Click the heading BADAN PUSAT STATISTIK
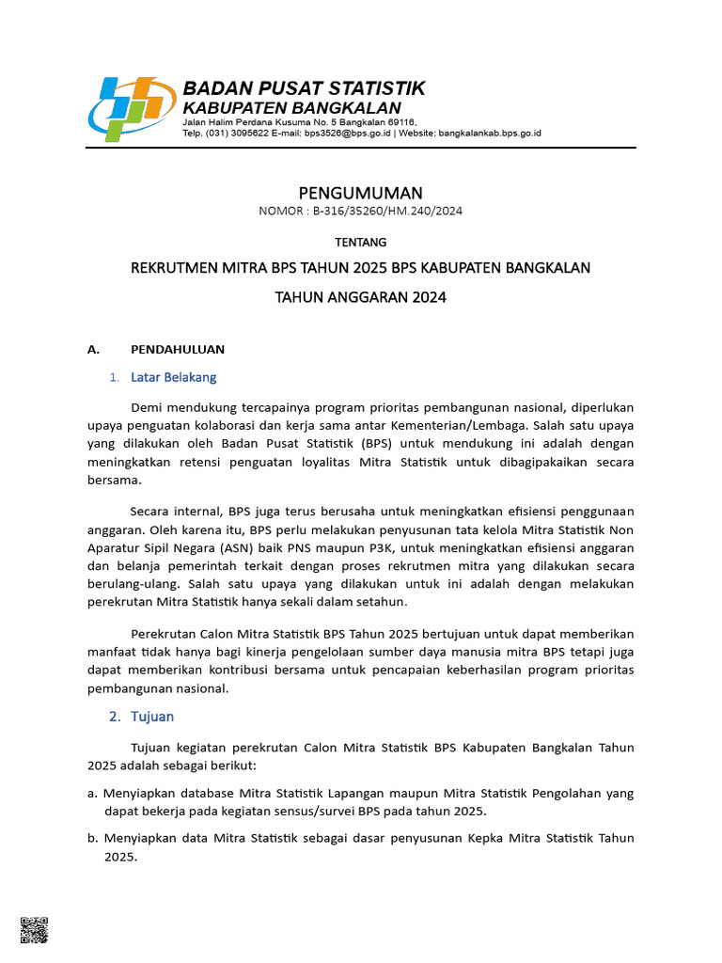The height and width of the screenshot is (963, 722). click(303, 88)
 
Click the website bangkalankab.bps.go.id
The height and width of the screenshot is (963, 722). click(489, 134)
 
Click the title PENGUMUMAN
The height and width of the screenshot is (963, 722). click(360, 193)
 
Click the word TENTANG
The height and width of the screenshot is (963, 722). click(360, 242)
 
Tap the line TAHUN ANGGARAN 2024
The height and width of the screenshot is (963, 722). click(360, 297)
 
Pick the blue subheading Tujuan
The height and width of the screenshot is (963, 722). click(152, 717)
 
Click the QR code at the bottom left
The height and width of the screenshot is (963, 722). click(33, 930)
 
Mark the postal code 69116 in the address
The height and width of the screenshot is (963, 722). click(400, 122)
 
